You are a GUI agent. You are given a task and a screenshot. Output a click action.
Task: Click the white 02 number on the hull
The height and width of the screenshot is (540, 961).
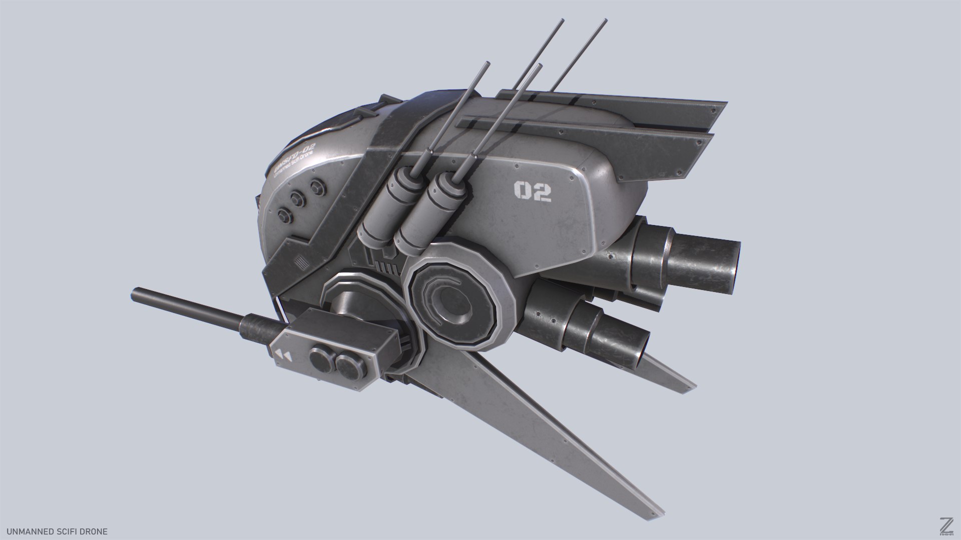click(533, 191)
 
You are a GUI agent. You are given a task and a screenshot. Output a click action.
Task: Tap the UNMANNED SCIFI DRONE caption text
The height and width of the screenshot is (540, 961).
click(54, 531)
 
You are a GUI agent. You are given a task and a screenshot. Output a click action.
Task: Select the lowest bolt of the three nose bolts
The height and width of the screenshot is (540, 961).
click(285, 214)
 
